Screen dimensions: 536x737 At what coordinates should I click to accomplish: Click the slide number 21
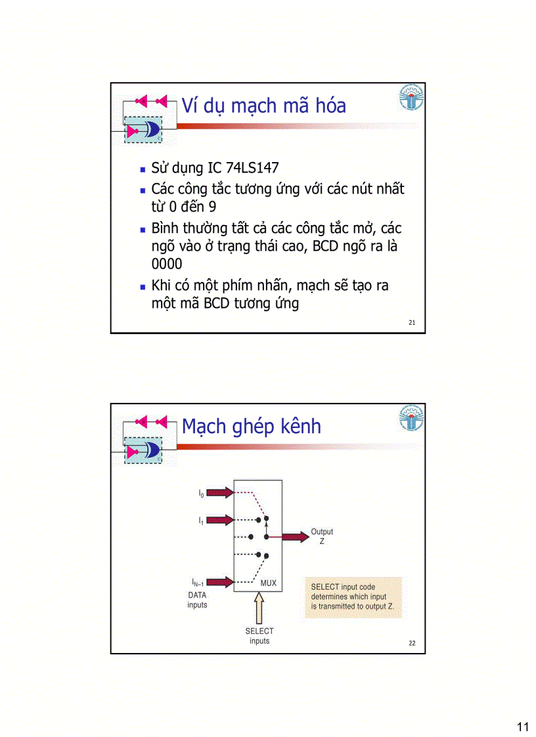pyautogui.click(x=412, y=323)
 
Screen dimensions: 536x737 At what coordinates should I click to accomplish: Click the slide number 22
pyautogui.click(x=412, y=643)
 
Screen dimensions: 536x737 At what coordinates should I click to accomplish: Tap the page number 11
pyautogui.click(x=523, y=726)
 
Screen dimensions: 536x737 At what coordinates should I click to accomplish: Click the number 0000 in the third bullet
pyautogui.click(x=167, y=264)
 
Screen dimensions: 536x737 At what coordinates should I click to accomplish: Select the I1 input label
pyautogui.click(x=201, y=520)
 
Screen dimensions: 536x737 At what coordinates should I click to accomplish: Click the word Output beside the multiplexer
pyautogui.click(x=322, y=532)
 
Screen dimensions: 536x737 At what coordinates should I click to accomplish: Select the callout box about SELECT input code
pyautogui.click(x=353, y=597)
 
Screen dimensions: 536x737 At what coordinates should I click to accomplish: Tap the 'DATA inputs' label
pyautogui.click(x=197, y=600)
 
